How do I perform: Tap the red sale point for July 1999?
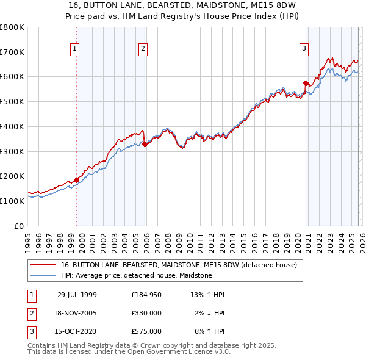click(77, 180)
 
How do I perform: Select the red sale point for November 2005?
click(145, 144)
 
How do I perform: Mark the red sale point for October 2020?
click(306, 82)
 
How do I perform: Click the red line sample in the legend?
click(43, 265)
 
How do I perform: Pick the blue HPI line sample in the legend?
click(43, 275)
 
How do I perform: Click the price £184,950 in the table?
click(146, 295)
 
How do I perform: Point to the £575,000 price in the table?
click(146, 331)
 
